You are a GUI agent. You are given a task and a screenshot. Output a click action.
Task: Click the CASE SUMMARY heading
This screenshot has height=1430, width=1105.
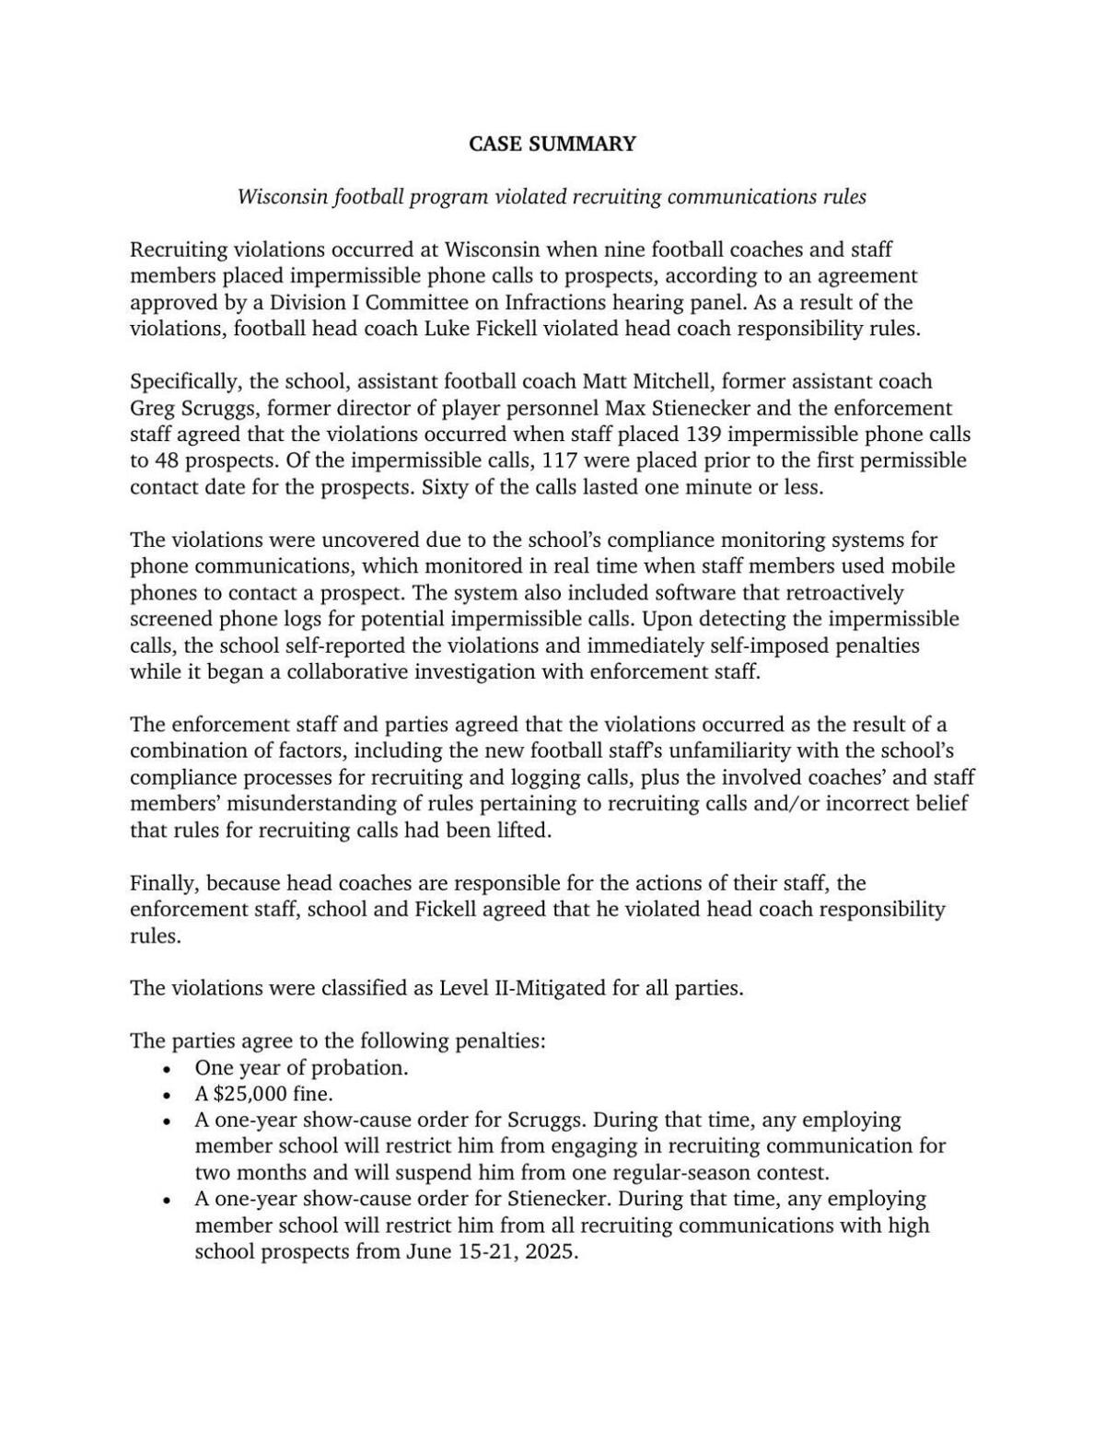(552, 144)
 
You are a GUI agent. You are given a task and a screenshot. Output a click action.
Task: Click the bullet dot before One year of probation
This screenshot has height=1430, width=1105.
(167, 1069)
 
